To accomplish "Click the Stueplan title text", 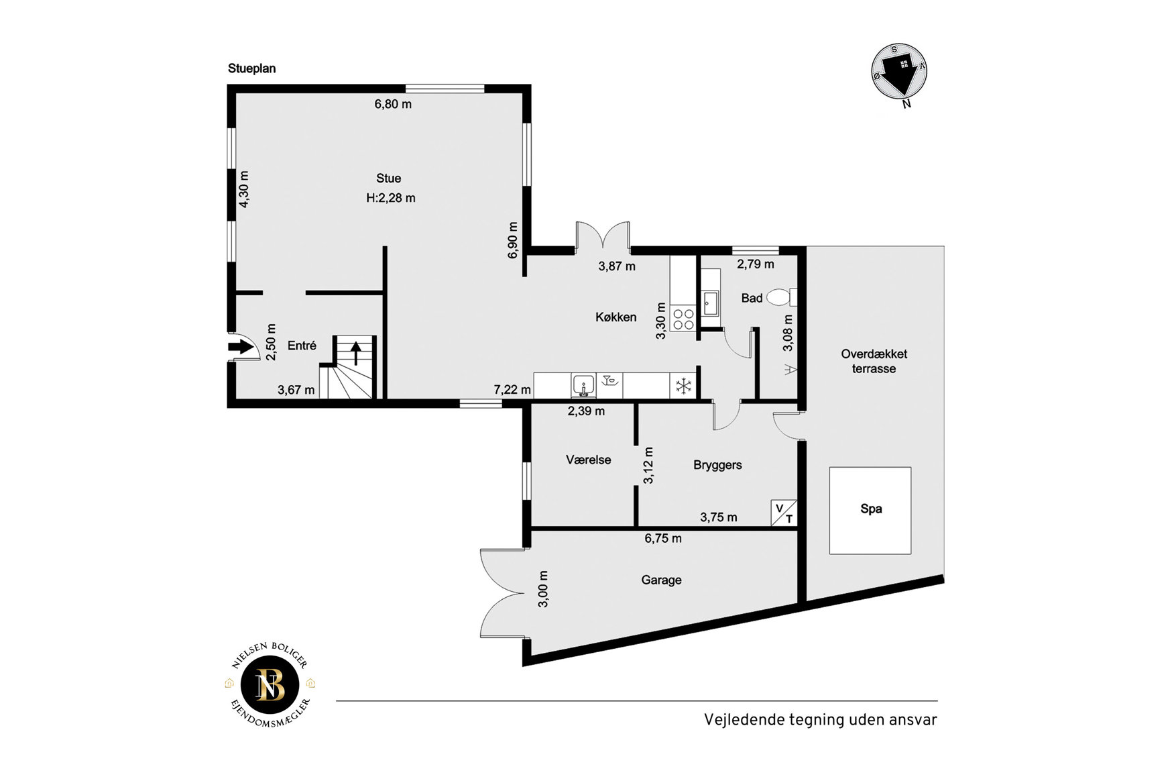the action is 251,68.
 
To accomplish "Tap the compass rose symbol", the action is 899,72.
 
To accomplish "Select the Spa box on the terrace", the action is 870,511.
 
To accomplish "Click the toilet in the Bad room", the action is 782,297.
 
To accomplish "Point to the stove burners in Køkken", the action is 683,319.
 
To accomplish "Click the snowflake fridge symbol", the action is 683,386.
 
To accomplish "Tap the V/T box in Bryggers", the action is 784,513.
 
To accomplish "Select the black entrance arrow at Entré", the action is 241,347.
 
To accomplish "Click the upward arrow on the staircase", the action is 355,353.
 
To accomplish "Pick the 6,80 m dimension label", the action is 393,104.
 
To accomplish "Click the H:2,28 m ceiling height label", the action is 390,198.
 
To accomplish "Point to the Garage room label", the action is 661,580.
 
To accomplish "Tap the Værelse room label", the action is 588,460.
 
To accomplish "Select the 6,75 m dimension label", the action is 663,538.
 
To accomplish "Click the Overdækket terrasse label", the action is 874,361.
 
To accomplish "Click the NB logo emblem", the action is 270,684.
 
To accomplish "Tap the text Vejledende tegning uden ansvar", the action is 820,720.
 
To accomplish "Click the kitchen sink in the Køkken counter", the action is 583,386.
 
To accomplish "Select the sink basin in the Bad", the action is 710,303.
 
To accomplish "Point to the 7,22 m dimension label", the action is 512,390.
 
